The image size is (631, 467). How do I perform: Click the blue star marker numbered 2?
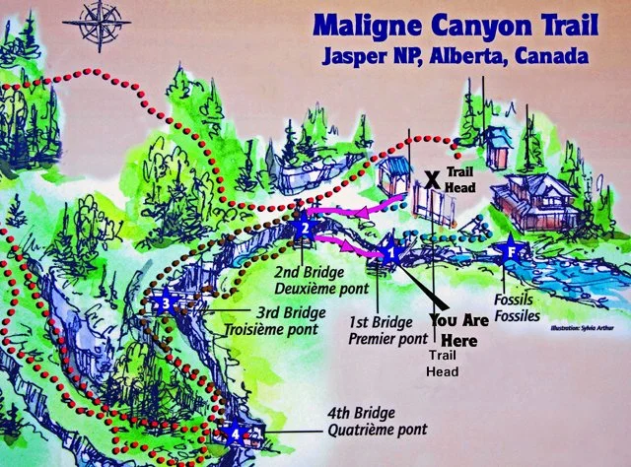(x=305, y=230)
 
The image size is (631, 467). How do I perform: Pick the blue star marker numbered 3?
(x=168, y=304)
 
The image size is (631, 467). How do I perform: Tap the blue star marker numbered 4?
(x=235, y=432)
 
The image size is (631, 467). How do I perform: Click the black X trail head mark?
(x=431, y=179)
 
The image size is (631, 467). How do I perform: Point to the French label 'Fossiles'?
(x=518, y=315)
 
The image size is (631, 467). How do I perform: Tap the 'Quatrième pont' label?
(x=378, y=429)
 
